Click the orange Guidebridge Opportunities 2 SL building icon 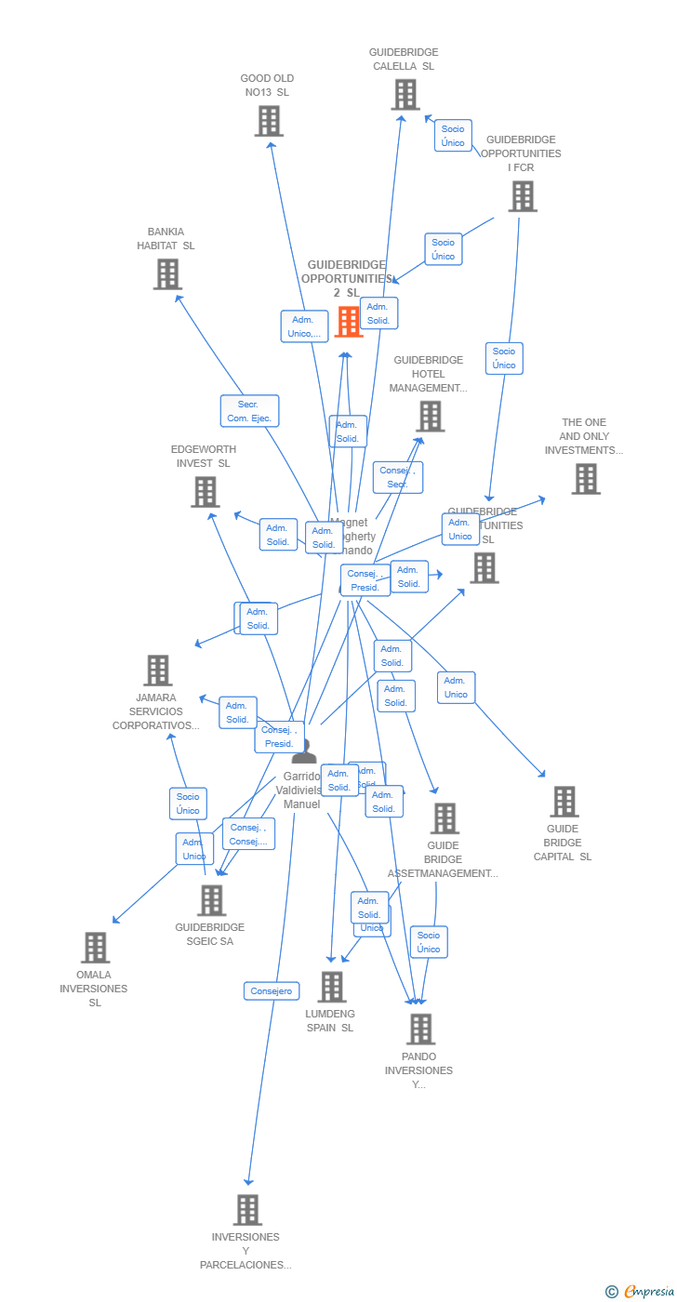(x=349, y=322)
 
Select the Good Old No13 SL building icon (x=269, y=121)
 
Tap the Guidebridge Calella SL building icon (x=405, y=95)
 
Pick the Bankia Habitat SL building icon (x=167, y=274)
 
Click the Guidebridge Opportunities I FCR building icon (x=523, y=196)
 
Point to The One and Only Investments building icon (x=585, y=479)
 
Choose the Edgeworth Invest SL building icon (x=205, y=492)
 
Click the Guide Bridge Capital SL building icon (x=564, y=802)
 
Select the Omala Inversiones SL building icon (x=95, y=948)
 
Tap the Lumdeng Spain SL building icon (x=331, y=987)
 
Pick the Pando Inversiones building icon (x=420, y=1030)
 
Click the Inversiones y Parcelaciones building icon (x=246, y=1210)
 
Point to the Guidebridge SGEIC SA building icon (x=211, y=900)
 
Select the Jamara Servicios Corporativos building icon (x=157, y=671)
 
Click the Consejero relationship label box (x=272, y=991)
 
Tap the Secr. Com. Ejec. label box (x=249, y=411)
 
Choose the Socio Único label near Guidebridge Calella (x=453, y=136)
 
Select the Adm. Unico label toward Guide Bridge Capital (x=456, y=687)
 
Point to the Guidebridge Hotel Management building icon (x=430, y=417)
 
